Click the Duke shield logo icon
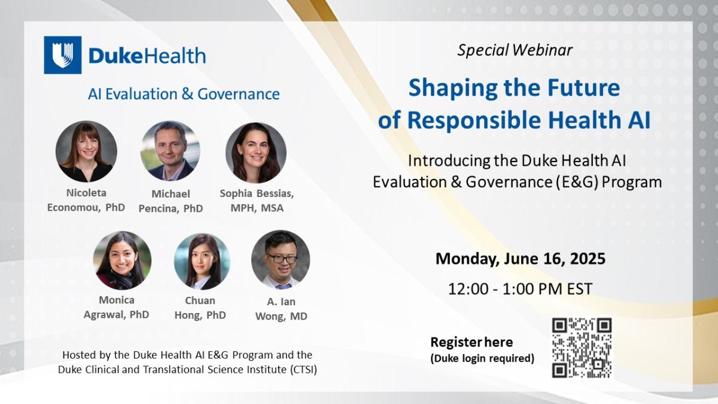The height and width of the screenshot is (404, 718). point(62,55)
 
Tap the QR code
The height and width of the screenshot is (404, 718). point(582,348)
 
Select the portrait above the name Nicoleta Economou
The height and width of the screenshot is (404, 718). point(86,151)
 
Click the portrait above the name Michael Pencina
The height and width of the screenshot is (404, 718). point(171,151)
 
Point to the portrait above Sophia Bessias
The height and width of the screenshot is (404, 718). point(255,153)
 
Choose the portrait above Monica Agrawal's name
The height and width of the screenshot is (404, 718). point(122,260)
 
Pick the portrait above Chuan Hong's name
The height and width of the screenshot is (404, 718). point(202,262)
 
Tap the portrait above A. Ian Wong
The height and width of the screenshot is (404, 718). point(281,260)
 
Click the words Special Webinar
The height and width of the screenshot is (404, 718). point(515,50)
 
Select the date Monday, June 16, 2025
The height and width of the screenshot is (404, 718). point(520,259)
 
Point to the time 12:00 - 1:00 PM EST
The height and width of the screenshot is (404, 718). point(520,289)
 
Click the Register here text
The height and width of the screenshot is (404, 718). point(471,342)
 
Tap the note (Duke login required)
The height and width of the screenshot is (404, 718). point(482,359)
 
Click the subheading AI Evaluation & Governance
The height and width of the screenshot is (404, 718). point(184,94)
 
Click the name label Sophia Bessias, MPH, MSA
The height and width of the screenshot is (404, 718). point(257,201)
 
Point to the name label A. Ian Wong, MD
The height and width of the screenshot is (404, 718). point(281,309)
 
